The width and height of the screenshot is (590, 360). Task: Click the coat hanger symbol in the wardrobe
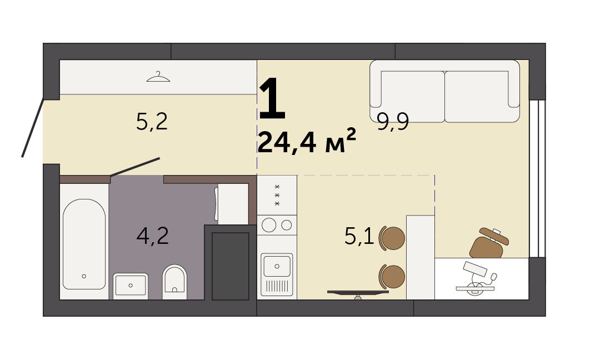[x=158, y=77]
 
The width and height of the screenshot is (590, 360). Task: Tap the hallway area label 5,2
[x=152, y=122]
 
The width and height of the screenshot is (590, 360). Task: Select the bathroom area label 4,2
[x=152, y=236]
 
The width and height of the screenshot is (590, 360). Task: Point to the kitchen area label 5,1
[x=359, y=237]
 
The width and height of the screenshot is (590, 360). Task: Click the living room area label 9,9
[x=393, y=122]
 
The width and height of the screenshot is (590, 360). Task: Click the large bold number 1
[x=272, y=98]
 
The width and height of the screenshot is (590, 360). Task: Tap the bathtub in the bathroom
[x=84, y=244]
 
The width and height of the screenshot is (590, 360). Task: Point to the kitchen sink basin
[x=277, y=266]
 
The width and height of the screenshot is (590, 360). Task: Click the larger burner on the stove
[x=269, y=225]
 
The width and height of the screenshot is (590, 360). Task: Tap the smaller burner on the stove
[x=287, y=225]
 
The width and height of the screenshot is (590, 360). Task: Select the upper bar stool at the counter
[x=392, y=238]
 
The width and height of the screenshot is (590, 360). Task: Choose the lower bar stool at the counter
[x=392, y=277]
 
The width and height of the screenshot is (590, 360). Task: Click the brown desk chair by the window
[x=488, y=243]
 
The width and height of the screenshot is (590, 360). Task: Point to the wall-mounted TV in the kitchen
[x=358, y=292]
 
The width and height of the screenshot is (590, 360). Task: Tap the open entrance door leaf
[x=33, y=128]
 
